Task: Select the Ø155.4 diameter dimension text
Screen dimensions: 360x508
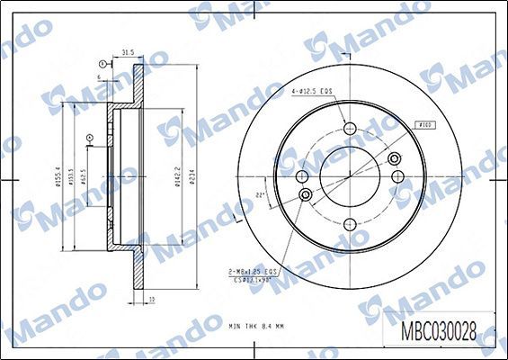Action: pyautogui.click(x=60, y=172)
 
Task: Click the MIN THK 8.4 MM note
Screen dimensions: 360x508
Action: pyautogui.click(x=256, y=324)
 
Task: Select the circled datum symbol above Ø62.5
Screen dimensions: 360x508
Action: pyautogui.click(x=89, y=138)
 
